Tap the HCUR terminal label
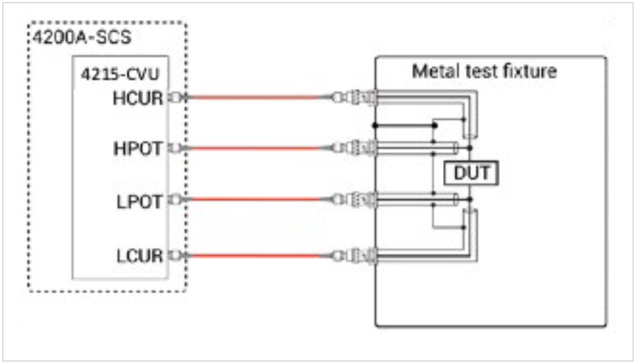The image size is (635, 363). (x=137, y=99)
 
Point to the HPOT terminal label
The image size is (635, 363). (x=137, y=149)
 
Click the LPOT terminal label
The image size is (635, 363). (x=138, y=202)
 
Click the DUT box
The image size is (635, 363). (x=471, y=173)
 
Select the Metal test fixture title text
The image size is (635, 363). (x=484, y=72)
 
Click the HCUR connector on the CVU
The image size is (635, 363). (x=177, y=98)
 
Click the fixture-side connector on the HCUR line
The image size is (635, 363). (x=354, y=98)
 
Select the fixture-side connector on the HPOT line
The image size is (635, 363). (x=354, y=147)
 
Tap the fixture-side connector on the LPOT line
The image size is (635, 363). (x=354, y=199)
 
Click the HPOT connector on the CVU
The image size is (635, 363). (x=177, y=148)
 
